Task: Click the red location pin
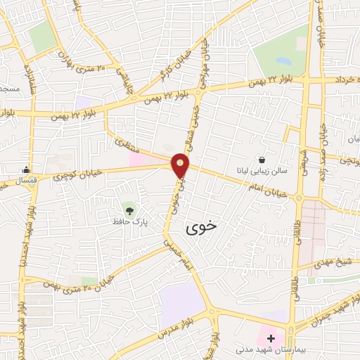coord(181,165)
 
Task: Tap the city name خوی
coord(202,228)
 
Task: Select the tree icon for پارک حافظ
coord(128,209)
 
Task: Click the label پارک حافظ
coord(127,221)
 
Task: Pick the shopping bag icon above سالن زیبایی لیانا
coord(262,160)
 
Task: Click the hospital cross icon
coord(271,338)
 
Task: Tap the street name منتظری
coord(128,145)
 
